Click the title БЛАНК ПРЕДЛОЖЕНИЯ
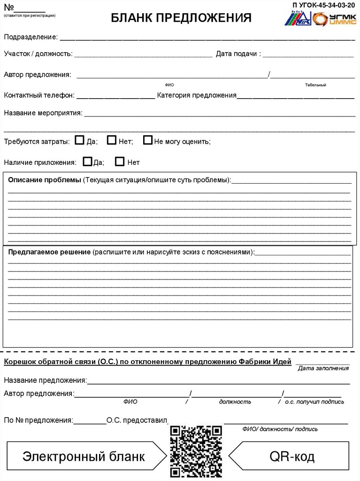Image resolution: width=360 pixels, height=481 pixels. point(181,18)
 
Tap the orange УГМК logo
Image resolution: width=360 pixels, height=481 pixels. point(334,19)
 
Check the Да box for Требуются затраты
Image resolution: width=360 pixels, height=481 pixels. point(80,140)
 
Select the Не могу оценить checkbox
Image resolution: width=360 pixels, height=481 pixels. point(148,140)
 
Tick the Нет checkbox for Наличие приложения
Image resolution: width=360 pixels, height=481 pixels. point(120,162)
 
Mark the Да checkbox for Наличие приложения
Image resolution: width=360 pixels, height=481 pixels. point(87,162)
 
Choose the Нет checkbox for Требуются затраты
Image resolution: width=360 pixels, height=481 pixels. point(111,140)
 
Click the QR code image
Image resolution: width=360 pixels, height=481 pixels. point(196,451)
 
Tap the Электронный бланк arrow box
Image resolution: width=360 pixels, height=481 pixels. point(84,456)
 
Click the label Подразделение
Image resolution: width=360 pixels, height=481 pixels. point(31,37)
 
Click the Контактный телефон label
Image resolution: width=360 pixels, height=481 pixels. point(39,95)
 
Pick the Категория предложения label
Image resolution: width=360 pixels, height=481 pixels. point(197,95)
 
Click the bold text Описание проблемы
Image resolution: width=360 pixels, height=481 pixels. point(45,180)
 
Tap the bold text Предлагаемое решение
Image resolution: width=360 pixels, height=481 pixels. point(49,252)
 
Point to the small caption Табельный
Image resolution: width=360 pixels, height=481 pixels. point(315,85)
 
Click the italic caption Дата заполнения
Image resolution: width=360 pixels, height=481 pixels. point(323,368)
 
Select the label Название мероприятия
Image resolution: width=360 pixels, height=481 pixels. point(43,113)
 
